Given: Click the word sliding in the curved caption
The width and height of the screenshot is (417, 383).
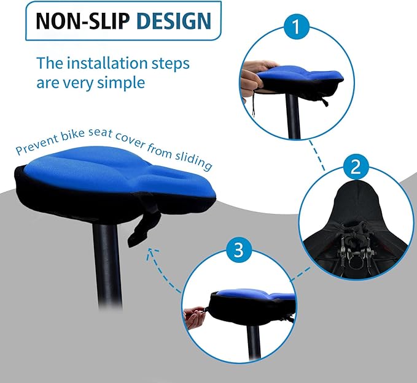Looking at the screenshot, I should click(x=193, y=162).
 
